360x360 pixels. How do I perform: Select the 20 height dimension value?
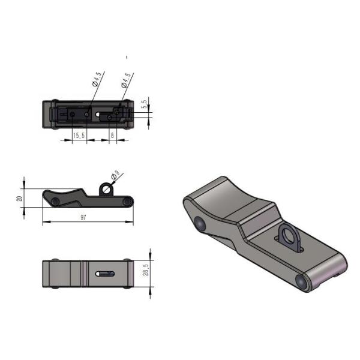(x=19, y=198)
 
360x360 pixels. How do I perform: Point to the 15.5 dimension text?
(x=79, y=136)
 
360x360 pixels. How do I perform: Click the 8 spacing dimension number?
(x=112, y=136)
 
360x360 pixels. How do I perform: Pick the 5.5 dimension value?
(x=145, y=103)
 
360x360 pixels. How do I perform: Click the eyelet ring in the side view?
(x=106, y=189)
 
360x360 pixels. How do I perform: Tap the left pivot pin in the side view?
(x=55, y=202)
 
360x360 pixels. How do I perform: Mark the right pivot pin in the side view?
(x=127, y=202)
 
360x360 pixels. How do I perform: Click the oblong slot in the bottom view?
(x=104, y=274)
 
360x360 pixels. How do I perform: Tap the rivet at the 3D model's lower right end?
(x=299, y=280)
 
